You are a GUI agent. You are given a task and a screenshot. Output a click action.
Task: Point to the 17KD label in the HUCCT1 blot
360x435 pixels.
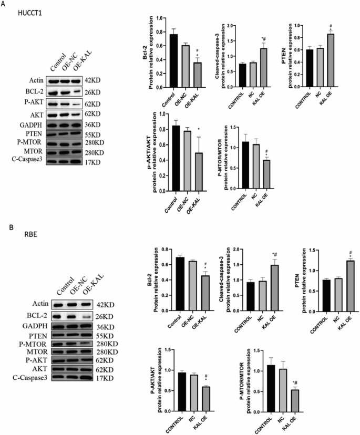click(x=95, y=160)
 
